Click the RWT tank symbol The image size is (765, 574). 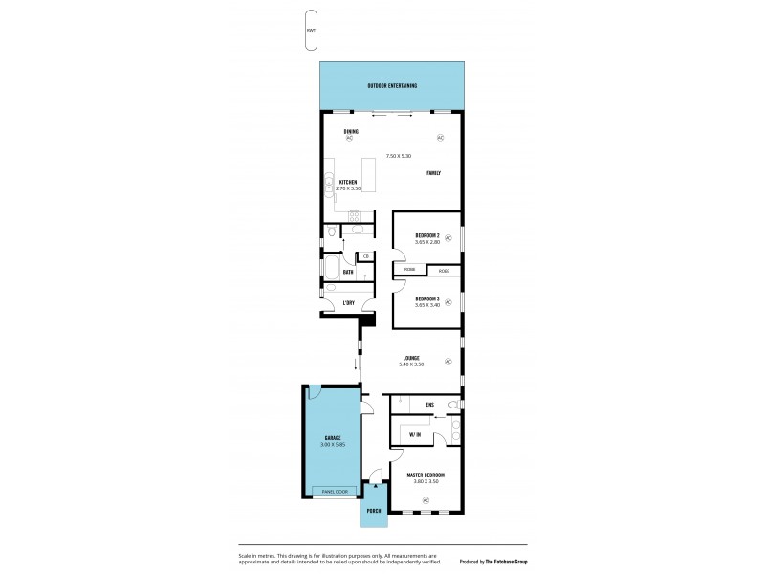(311, 30)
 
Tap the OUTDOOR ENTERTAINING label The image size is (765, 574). (392, 86)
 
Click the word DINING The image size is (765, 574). (338, 131)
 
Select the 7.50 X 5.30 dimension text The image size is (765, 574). (398, 156)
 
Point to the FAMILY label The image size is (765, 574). (433, 172)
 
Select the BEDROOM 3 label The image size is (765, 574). (426, 298)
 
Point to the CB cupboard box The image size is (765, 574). (366, 256)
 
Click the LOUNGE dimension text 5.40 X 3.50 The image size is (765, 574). (412, 364)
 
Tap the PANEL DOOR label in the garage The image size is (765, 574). (334, 492)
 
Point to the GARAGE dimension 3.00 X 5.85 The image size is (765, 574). (332, 444)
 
